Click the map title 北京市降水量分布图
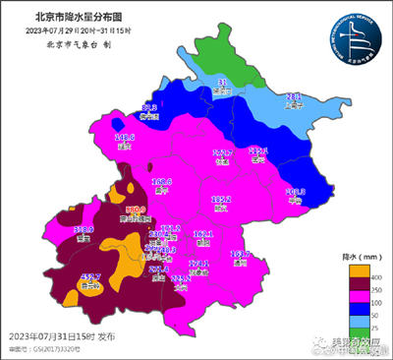point(67,17)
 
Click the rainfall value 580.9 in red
point(136,210)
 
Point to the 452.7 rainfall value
point(91,278)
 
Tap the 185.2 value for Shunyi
point(221,199)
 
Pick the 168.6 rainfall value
point(162,181)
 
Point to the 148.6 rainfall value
point(125,139)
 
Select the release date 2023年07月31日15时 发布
point(61,337)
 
